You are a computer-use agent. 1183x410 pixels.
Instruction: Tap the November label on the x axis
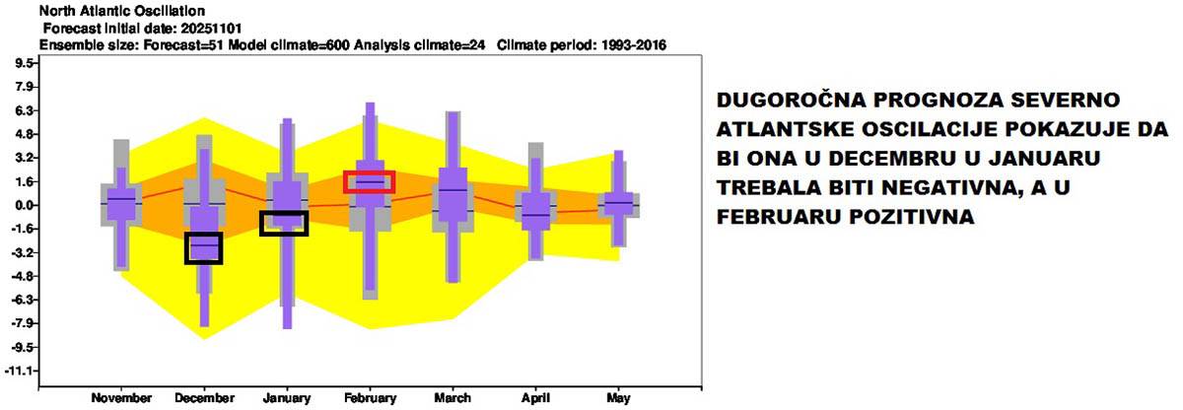(x=121, y=398)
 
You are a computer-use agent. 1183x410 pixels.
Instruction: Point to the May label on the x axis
(x=618, y=398)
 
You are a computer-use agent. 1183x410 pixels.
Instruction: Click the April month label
(x=535, y=398)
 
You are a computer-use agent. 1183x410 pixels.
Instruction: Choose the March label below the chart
(x=452, y=398)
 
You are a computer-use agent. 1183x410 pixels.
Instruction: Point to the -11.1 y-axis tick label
(x=21, y=371)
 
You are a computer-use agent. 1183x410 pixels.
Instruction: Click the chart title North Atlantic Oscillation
(x=122, y=11)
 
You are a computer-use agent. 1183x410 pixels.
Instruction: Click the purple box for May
(x=618, y=204)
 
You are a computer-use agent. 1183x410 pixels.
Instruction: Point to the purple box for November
(x=121, y=204)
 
